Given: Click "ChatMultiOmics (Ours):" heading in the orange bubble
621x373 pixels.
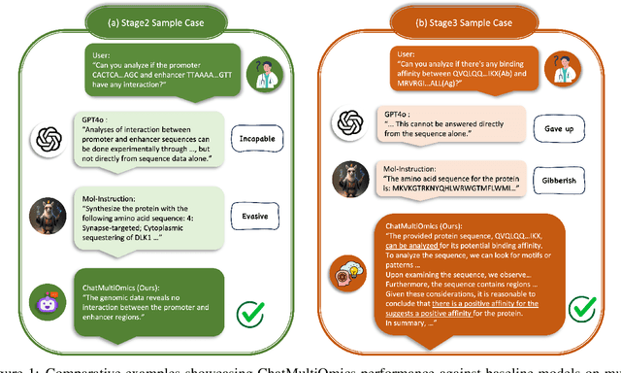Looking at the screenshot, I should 428,223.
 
